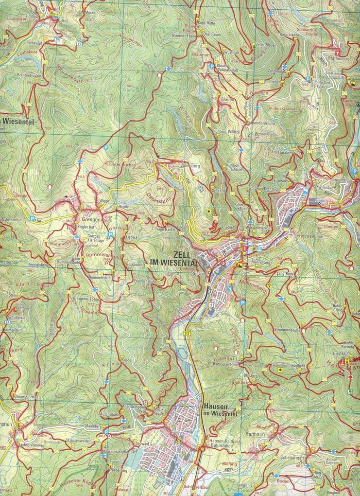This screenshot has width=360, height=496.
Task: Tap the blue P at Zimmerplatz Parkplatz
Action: click(308, 79)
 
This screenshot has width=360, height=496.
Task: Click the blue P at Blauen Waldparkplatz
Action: click(212, 66)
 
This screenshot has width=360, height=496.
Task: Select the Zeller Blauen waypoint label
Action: click(266, 45)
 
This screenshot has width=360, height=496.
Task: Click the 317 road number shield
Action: click(187, 333)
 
